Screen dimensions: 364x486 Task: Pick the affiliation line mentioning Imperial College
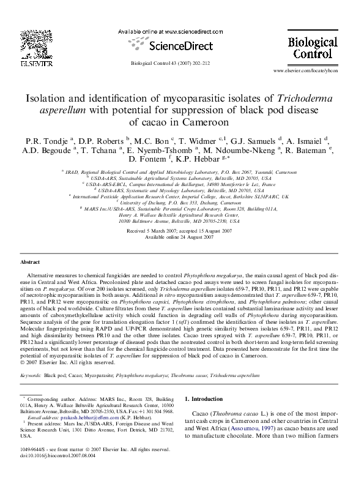(x=181, y=197)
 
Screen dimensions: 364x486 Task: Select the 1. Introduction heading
(x=206, y=398)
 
